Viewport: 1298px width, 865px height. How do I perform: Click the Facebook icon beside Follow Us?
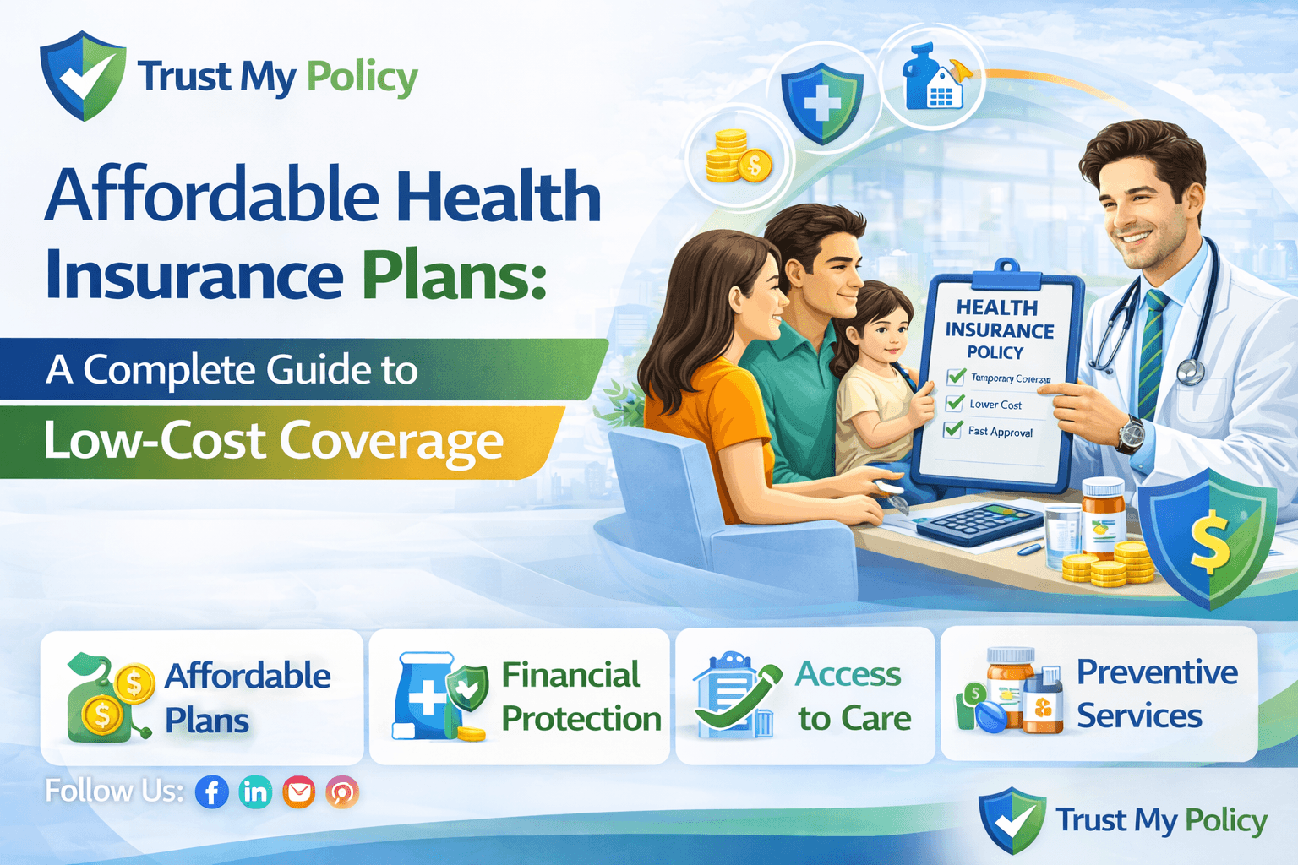click(212, 792)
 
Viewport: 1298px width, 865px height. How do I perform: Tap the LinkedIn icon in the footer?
click(255, 792)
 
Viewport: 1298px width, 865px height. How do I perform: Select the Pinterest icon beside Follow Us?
click(342, 792)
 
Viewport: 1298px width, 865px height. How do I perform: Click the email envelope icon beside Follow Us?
click(299, 792)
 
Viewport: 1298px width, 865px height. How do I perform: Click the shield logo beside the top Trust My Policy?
click(83, 76)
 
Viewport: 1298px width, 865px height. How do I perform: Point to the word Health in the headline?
click(499, 197)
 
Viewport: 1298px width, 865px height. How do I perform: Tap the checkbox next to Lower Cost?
click(955, 403)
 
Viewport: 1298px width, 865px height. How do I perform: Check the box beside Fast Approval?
click(953, 429)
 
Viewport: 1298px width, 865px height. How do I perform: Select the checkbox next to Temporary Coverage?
click(957, 376)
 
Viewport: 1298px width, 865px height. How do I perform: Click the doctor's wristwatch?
click(1131, 434)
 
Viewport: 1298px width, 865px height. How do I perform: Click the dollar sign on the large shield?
click(1210, 540)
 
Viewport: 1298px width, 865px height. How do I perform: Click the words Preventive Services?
click(1156, 694)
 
